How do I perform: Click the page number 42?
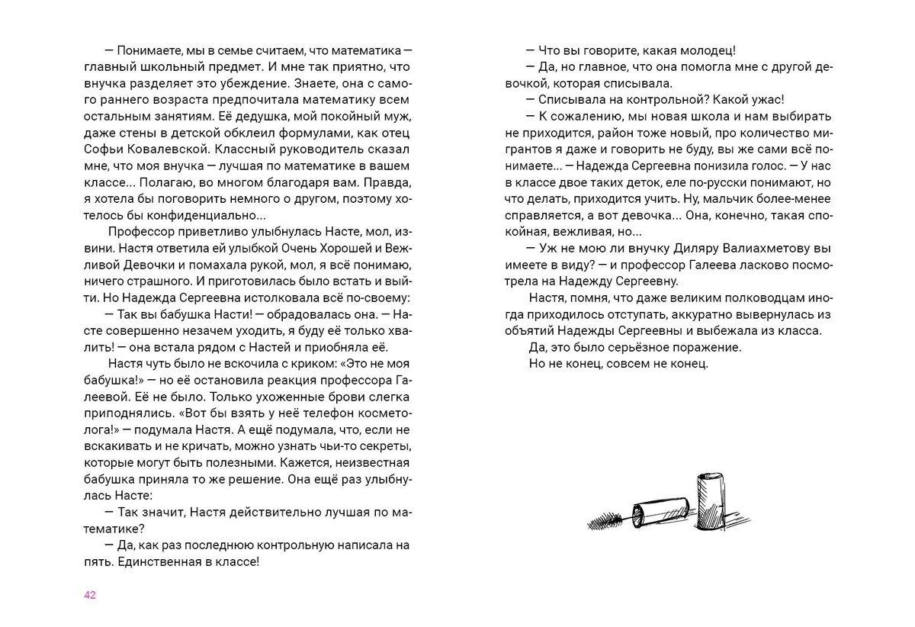(x=90, y=595)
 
